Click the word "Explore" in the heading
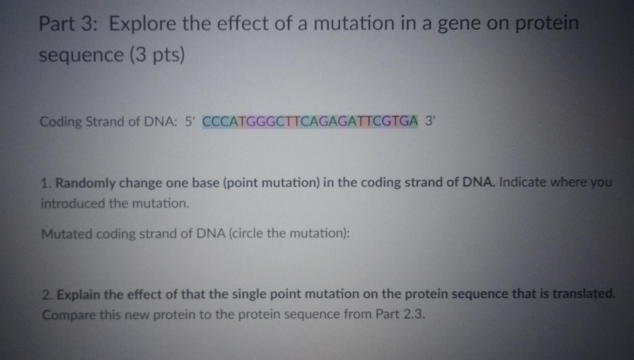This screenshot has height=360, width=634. click(x=142, y=24)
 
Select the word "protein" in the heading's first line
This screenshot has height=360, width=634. click(x=547, y=24)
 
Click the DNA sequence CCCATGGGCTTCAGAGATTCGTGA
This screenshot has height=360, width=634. click(x=310, y=122)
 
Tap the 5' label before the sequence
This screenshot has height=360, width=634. click(x=189, y=122)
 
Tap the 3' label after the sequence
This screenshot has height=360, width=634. click(x=430, y=122)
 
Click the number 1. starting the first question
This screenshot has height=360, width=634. click(x=46, y=184)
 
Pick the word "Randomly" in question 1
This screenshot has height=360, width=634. click(x=85, y=184)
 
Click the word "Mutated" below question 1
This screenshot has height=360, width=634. click(x=67, y=234)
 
